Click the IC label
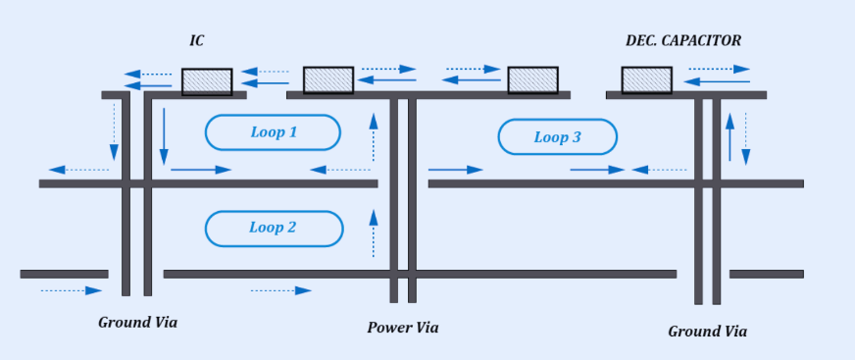tap(196, 40)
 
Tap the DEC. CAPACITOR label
tap(683, 40)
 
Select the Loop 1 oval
tap(273, 132)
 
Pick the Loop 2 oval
tap(273, 228)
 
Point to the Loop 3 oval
tap(557, 137)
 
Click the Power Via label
tap(403, 328)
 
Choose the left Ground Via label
tap(138, 322)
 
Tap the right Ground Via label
tap(707, 332)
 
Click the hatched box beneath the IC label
tap(207, 81)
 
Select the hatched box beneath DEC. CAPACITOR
tap(646, 80)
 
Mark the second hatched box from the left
tap(327, 80)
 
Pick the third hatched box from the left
tap(532, 80)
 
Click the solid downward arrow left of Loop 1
tap(164, 135)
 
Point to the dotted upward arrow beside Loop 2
tap(373, 232)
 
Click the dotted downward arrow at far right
tap(746, 138)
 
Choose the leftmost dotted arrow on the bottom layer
tap(72, 290)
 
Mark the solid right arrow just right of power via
tap(456, 170)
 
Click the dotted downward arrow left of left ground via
tap(114, 132)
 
